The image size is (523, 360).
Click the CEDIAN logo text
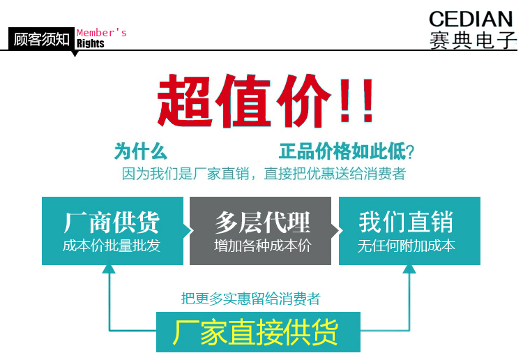click(471, 19)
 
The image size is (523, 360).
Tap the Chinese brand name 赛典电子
click(473, 40)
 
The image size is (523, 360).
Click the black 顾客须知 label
click(41, 39)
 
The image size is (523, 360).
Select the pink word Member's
click(102, 33)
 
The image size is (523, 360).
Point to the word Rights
click(91, 43)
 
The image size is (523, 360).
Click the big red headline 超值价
click(244, 101)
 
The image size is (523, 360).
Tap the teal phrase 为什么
click(140, 151)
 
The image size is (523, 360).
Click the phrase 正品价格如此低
click(342, 151)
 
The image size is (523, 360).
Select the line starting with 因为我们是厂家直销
click(264, 174)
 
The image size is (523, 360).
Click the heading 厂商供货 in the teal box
click(112, 223)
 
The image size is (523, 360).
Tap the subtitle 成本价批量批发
click(112, 246)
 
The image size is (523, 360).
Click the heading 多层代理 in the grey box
click(262, 223)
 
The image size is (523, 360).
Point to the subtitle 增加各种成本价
click(262, 246)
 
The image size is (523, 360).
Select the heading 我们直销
click(406, 222)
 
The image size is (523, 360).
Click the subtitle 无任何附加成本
click(407, 246)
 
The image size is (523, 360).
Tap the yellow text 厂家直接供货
click(255, 332)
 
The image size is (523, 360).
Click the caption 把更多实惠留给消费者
click(251, 299)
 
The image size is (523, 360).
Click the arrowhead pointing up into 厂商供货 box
click(109, 269)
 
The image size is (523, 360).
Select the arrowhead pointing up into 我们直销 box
click(409, 269)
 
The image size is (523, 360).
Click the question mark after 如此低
click(410, 152)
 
